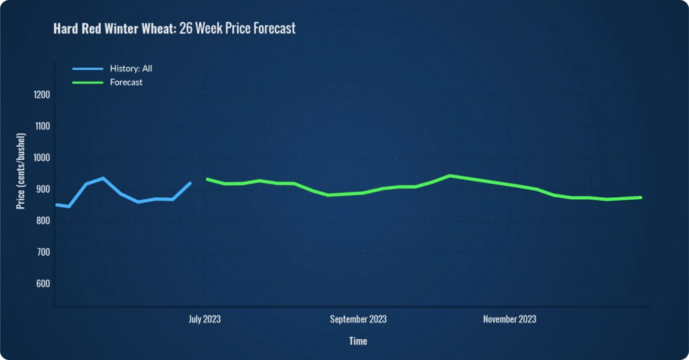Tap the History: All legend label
(133, 68)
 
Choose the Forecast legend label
(126, 82)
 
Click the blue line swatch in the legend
(87, 68)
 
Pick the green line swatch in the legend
(87, 82)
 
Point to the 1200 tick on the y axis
(41, 95)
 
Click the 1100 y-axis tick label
(41, 127)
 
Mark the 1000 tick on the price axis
(41, 158)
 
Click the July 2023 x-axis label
(205, 319)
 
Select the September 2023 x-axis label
(358, 319)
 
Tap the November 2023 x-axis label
(509, 319)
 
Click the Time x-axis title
(358, 341)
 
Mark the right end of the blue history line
(190, 182)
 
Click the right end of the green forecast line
(641, 197)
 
